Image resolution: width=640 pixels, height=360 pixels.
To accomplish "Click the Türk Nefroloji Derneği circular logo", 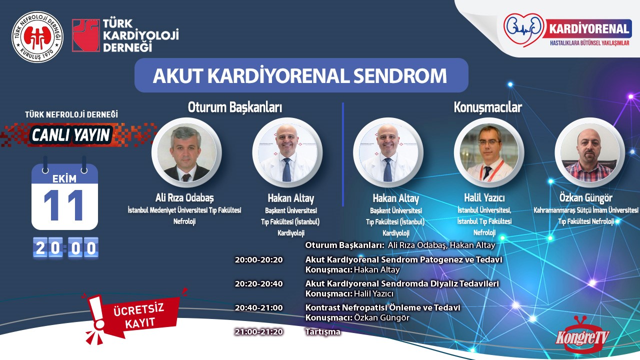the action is (37, 37).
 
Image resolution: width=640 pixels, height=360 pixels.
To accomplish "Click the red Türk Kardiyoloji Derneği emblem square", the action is (85, 35).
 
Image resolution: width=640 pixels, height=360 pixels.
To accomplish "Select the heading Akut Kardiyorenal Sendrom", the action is (299, 75).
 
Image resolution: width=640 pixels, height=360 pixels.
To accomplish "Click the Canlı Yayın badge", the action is (70, 135).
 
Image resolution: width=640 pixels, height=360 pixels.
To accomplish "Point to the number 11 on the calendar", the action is (64, 205).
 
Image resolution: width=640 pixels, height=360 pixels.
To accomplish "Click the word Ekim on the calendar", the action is (64, 179).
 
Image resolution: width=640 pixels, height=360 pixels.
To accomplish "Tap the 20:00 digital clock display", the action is (65, 247).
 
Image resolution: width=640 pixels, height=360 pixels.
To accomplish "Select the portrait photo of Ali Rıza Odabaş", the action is (186, 152).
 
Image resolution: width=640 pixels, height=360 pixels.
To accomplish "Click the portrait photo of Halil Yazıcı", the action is (489, 152).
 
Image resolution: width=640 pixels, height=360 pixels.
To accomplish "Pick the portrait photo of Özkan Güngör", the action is (589, 152).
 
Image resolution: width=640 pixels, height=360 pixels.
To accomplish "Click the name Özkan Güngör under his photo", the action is (585, 198).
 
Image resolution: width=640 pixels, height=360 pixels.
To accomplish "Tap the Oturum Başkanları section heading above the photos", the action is (235, 107).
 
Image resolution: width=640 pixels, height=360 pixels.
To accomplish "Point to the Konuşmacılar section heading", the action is (488, 107).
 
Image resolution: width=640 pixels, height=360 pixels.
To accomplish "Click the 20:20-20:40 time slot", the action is (259, 283).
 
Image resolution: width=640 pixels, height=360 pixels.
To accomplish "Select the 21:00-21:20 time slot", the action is (259, 331).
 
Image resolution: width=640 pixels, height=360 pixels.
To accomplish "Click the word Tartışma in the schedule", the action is (323, 332).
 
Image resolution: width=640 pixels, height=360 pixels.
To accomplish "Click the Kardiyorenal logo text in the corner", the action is (589, 29).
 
